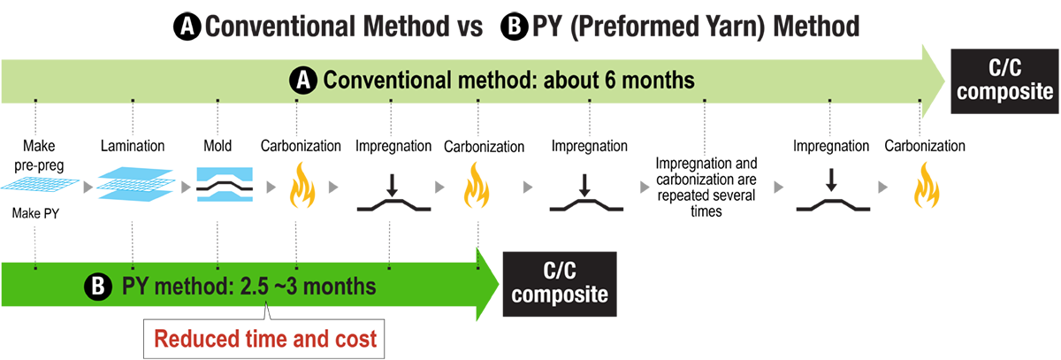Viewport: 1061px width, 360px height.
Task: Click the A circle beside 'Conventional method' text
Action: (302, 80)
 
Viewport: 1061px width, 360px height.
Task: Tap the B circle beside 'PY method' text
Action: (95, 287)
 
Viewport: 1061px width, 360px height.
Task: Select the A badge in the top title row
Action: (187, 27)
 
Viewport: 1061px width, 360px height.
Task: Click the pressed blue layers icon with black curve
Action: (226, 184)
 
